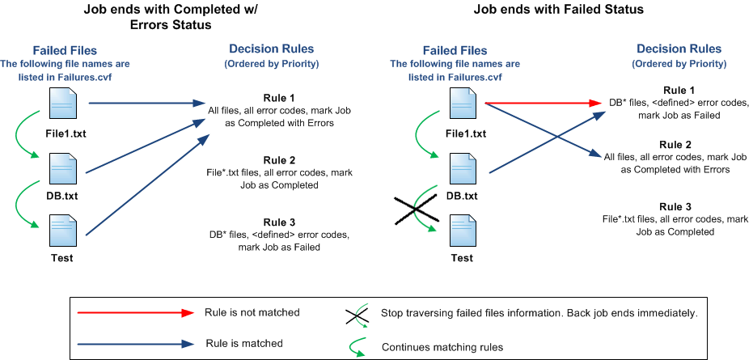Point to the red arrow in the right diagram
pyautogui.click(x=544, y=103)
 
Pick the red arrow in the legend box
pyautogui.click(x=135, y=313)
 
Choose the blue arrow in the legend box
pyautogui.click(x=135, y=344)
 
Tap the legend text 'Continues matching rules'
pyautogui.click(x=442, y=346)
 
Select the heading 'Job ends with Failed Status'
pyautogui.click(x=559, y=9)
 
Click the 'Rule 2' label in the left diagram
pyautogui.click(x=279, y=160)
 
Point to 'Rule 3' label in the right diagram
pyautogui.click(x=675, y=207)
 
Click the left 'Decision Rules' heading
pyautogui.click(x=271, y=49)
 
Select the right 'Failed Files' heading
pyautogui.click(x=455, y=50)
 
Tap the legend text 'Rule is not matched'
pyautogui.click(x=252, y=312)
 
